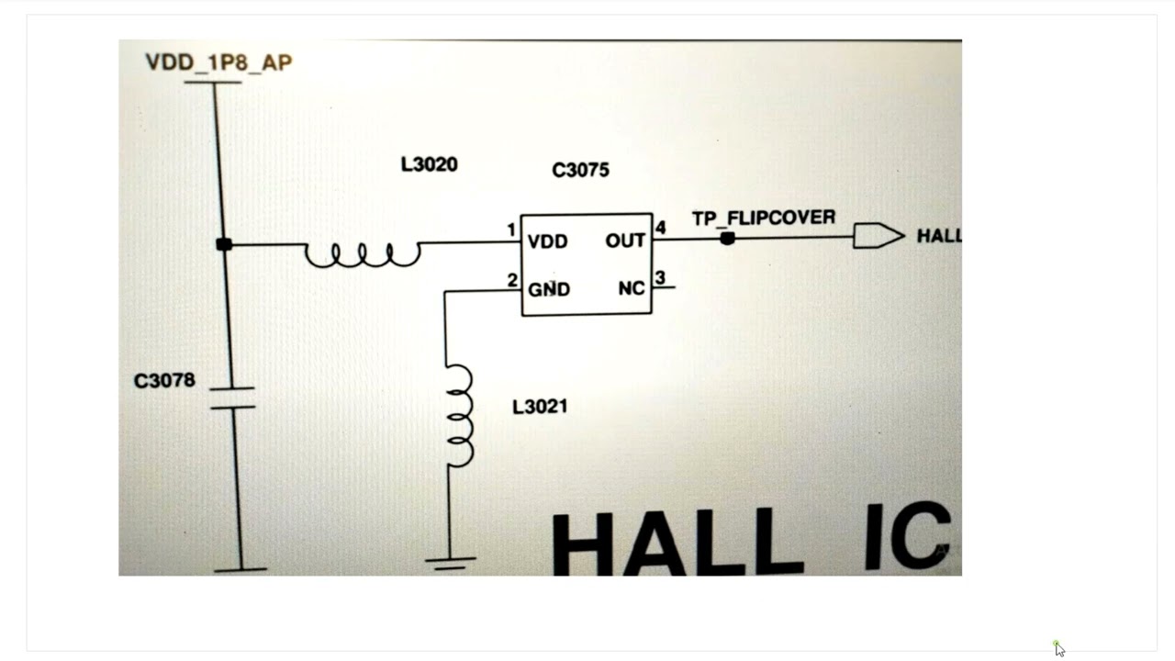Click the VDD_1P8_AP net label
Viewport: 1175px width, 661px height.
point(218,62)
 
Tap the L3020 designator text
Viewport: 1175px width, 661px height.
point(429,164)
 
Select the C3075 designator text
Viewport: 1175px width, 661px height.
point(581,170)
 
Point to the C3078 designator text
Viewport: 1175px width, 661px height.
point(164,380)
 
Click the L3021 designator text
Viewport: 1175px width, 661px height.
point(540,407)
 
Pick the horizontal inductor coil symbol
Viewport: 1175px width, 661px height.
point(363,255)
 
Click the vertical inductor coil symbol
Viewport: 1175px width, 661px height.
point(461,416)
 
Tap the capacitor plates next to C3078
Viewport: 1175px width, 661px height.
point(232,398)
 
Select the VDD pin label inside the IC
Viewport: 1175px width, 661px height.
point(548,241)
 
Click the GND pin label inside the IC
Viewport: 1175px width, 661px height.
point(549,289)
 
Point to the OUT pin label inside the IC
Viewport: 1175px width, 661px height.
point(625,241)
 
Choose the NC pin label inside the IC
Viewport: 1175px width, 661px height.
point(632,288)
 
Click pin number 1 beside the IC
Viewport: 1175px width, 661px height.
point(511,230)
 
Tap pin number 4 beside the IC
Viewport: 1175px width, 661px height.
point(660,228)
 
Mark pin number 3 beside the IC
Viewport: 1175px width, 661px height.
point(660,277)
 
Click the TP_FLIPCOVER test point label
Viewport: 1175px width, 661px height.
point(764,218)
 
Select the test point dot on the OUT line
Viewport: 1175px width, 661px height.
point(727,239)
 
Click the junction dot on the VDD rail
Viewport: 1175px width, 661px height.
point(224,244)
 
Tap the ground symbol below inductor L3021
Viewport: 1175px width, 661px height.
point(451,563)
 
